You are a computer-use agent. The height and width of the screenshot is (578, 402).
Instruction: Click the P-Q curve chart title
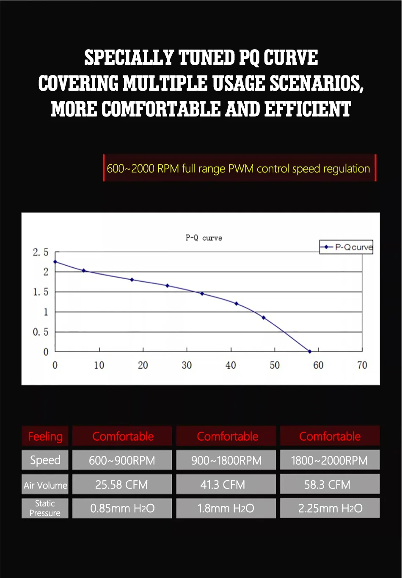204,238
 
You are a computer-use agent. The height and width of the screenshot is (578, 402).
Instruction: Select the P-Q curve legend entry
347,247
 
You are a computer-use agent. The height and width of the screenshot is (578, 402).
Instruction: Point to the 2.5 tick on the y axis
41,253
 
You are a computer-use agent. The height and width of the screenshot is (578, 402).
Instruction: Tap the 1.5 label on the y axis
41,292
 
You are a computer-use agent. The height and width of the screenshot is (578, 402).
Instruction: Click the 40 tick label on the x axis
231,365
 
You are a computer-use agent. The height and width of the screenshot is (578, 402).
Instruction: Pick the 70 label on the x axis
362,365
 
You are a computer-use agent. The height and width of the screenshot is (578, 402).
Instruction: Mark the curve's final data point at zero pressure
310,351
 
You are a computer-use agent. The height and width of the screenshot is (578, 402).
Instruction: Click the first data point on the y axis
55,261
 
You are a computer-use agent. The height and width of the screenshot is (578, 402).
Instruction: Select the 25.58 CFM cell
122,484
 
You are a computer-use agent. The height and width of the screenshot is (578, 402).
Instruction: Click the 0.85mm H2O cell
122,508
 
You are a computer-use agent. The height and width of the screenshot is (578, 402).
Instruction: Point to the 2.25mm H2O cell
330,508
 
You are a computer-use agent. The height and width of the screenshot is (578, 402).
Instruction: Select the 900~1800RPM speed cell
226,460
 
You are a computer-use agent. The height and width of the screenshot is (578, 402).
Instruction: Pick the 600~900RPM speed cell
122,460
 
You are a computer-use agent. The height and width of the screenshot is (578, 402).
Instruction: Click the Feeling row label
45,436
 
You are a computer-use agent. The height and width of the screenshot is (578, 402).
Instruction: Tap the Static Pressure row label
45,508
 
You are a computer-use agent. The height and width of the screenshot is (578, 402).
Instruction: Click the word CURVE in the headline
291,58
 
